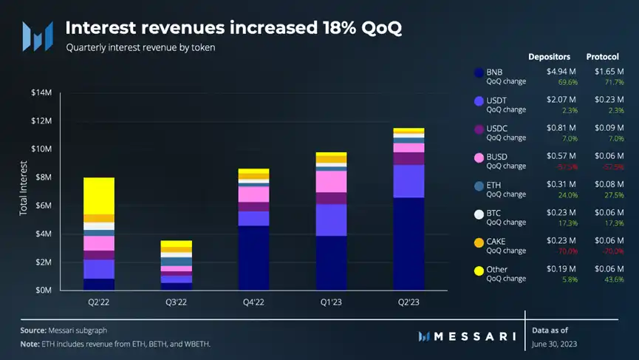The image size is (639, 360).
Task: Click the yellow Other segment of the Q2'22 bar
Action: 98,196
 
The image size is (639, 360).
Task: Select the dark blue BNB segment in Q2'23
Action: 409,244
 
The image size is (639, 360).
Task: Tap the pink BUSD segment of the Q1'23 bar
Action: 331,182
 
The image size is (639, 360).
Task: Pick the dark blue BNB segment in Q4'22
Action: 253,258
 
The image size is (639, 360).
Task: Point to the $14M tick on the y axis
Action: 41,92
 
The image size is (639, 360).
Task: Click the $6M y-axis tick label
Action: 42,206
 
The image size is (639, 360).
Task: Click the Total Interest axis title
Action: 23,190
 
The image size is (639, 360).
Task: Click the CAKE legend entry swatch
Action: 479,242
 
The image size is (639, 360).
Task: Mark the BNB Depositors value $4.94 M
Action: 561,72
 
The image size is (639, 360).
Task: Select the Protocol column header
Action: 602,56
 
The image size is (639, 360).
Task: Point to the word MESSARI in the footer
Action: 472,336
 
